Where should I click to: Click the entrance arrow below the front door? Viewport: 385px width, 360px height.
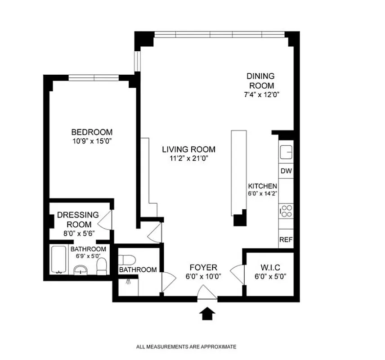point(207,313)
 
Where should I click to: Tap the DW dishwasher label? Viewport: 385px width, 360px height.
point(286,171)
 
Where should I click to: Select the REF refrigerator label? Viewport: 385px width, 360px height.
point(286,240)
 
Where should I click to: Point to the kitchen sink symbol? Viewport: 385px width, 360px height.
point(286,152)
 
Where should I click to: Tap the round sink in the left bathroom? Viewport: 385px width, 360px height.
point(81,270)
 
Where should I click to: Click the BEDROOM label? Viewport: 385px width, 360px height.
point(92,132)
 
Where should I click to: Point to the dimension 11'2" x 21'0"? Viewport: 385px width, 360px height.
point(188,158)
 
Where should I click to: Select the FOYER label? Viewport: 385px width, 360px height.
point(203,268)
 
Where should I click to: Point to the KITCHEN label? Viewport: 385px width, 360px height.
point(263,186)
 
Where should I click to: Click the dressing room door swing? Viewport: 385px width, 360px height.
point(104,220)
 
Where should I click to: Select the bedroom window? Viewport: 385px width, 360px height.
point(94,78)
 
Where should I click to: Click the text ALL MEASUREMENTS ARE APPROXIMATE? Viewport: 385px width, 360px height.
point(186,347)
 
